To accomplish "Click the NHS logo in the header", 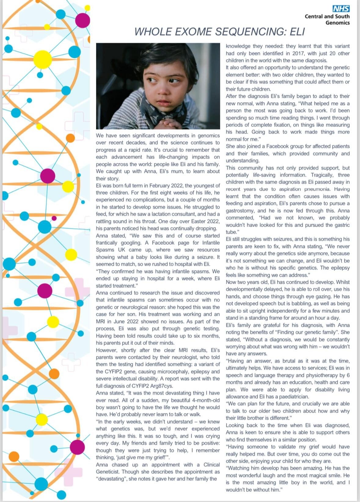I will coord(341,9).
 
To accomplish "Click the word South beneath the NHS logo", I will coord(342,16).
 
